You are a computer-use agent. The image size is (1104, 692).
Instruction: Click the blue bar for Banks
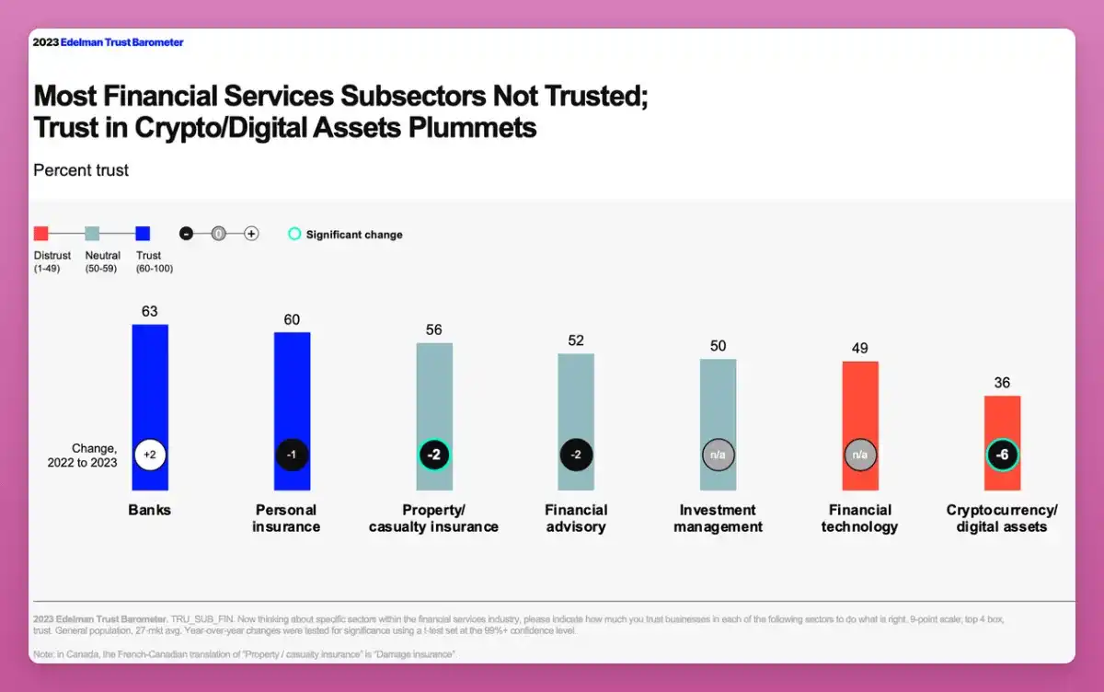pyautogui.click(x=150, y=386)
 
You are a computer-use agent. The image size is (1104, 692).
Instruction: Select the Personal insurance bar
pyautogui.click(x=292, y=386)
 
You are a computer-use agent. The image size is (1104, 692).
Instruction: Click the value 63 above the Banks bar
pyautogui.click(x=150, y=312)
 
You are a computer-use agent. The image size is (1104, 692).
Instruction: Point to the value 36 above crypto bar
pyautogui.click(x=1002, y=383)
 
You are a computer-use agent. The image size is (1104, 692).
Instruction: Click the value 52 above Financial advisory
pyautogui.click(x=576, y=340)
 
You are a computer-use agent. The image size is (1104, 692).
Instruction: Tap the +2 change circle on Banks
pyautogui.click(x=150, y=455)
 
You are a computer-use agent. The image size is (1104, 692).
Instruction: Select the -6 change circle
pyautogui.click(x=1002, y=455)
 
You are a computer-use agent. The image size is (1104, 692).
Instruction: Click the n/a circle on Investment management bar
pyautogui.click(x=719, y=455)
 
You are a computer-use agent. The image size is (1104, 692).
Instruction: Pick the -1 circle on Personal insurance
pyautogui.click(x=292, y=455)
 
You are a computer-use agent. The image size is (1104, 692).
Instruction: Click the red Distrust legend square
pyautogui.click(x=40, y=234)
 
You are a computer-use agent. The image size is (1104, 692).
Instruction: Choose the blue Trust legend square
pyautogui.click(x=143, y=234)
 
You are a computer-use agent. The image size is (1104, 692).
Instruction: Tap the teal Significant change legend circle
pyautogui.click(x=294, y=234)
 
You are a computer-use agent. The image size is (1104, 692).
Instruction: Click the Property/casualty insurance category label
pyautogui.click(x=433, y=518)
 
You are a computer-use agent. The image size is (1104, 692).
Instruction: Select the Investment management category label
pyautogui.click(x=718, y=518)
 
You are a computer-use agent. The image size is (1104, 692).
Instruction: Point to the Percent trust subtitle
pyautogui.click(x=81, y=170)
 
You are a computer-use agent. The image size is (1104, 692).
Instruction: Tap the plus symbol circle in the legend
pyautogui.click(x=251, y=234)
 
